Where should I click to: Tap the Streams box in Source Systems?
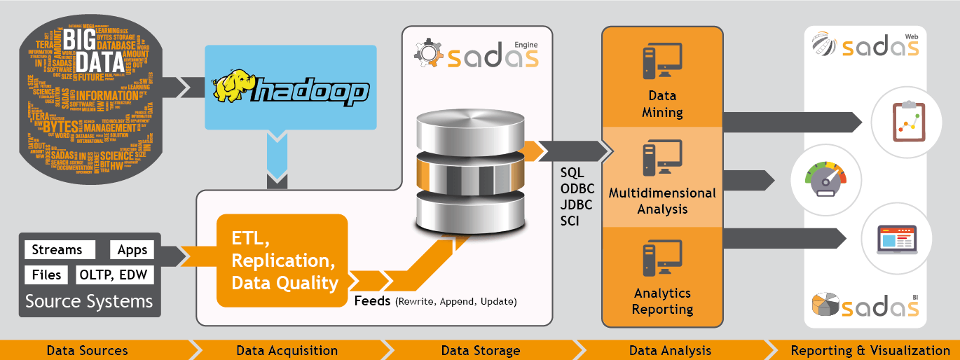57,250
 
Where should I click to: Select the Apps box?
132,250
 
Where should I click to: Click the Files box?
46,275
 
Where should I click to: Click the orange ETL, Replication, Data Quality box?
282,261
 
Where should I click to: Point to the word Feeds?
373,301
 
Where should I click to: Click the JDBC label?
576,205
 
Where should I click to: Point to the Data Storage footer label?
481,350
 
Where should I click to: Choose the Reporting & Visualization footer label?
870,350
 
